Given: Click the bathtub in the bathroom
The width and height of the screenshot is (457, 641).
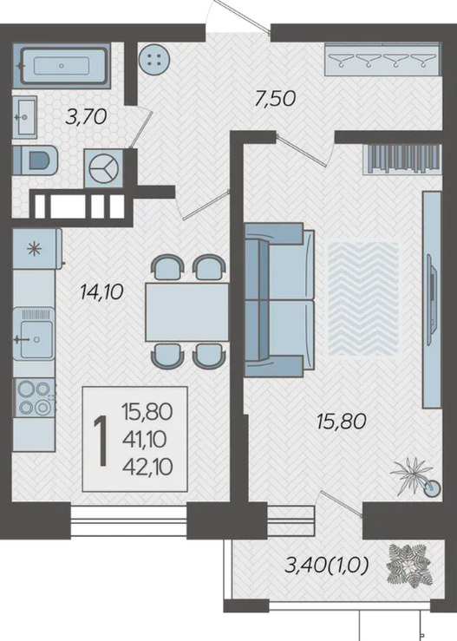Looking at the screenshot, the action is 62,65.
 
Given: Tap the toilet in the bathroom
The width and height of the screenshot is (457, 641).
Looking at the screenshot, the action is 36,160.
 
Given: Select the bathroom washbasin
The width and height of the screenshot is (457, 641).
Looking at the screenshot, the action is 24,117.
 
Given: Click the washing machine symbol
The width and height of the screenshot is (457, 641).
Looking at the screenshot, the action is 103,168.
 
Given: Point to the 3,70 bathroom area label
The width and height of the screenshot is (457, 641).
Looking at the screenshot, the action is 86,117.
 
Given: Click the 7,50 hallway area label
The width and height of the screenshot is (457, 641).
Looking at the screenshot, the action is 275,99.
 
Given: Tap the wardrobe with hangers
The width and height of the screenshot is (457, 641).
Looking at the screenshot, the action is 382,59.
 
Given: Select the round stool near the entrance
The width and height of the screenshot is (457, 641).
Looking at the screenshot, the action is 154,59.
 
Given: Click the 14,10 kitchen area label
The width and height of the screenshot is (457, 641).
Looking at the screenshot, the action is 101,292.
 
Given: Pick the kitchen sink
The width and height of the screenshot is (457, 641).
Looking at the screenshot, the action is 34,334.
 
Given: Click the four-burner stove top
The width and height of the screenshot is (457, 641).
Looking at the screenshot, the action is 34,397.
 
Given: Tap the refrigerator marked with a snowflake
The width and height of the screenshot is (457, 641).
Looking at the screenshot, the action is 36,249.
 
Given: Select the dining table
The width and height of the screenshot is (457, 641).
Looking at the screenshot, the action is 187,311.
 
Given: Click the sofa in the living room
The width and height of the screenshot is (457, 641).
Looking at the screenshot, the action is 279,299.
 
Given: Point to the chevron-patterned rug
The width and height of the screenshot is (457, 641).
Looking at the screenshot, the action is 363,298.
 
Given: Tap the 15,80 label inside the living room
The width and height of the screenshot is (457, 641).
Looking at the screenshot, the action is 342,421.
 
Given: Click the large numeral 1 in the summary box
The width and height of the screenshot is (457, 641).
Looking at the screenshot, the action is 101,441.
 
